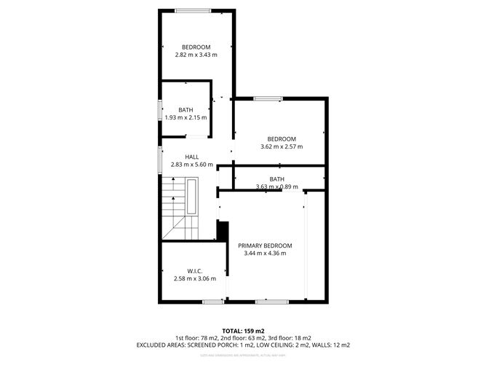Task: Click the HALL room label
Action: coord(191,157)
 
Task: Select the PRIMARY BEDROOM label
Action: coord(265,246)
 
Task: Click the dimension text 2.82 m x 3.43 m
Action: coord(196,55)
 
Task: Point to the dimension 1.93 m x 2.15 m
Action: coord(186,117)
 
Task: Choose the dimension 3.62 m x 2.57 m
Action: coord(282,146)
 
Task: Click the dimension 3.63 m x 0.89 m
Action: coord(277,187)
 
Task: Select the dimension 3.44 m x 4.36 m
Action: coord(265,254)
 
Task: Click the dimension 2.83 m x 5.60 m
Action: coord(191,165)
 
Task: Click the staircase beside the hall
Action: coord(174,211)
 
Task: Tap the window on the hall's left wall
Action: coord(160,159)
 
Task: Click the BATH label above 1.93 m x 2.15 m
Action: coord(186,110)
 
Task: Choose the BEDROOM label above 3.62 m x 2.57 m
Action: coord(282,139)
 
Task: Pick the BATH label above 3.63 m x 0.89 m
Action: coord(277,179)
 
